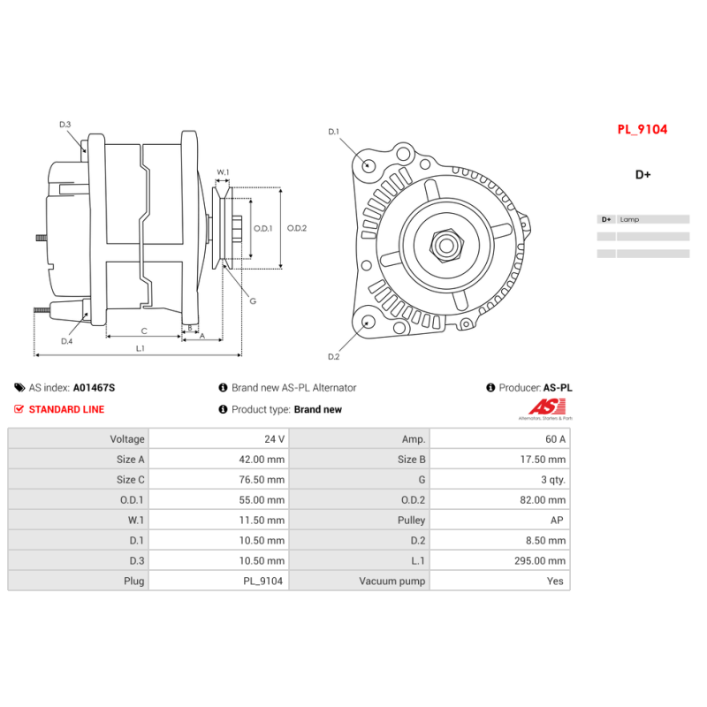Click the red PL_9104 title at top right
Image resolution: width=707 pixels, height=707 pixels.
coord(642,129)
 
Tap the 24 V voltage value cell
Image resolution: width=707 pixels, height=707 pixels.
coord(274,439)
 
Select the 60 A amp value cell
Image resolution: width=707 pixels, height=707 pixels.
coord(556,439)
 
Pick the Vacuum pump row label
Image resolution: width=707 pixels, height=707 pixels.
coord(392,582)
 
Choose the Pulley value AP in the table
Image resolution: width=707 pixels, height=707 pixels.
coord(557,521)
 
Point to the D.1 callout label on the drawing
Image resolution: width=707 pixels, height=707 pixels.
coord(333,132)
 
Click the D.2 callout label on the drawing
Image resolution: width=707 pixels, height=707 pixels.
coord(333,357)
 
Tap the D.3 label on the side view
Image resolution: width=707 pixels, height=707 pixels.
coord(65,125)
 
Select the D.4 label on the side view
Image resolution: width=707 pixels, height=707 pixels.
coord(66,341)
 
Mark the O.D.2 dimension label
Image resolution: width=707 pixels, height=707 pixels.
coord(297,228)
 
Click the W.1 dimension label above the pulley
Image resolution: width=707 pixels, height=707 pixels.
coord(223,172)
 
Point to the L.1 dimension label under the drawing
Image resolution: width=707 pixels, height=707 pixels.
coord(141,348)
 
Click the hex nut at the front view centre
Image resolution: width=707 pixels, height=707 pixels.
coord(445,244)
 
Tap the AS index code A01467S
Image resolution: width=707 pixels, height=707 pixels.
coord(94,388)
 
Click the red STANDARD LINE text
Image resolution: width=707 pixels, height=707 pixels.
coord(66,409)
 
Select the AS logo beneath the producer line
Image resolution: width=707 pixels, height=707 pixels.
coord(540,407)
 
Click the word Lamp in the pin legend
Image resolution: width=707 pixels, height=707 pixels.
coord(629,219)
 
